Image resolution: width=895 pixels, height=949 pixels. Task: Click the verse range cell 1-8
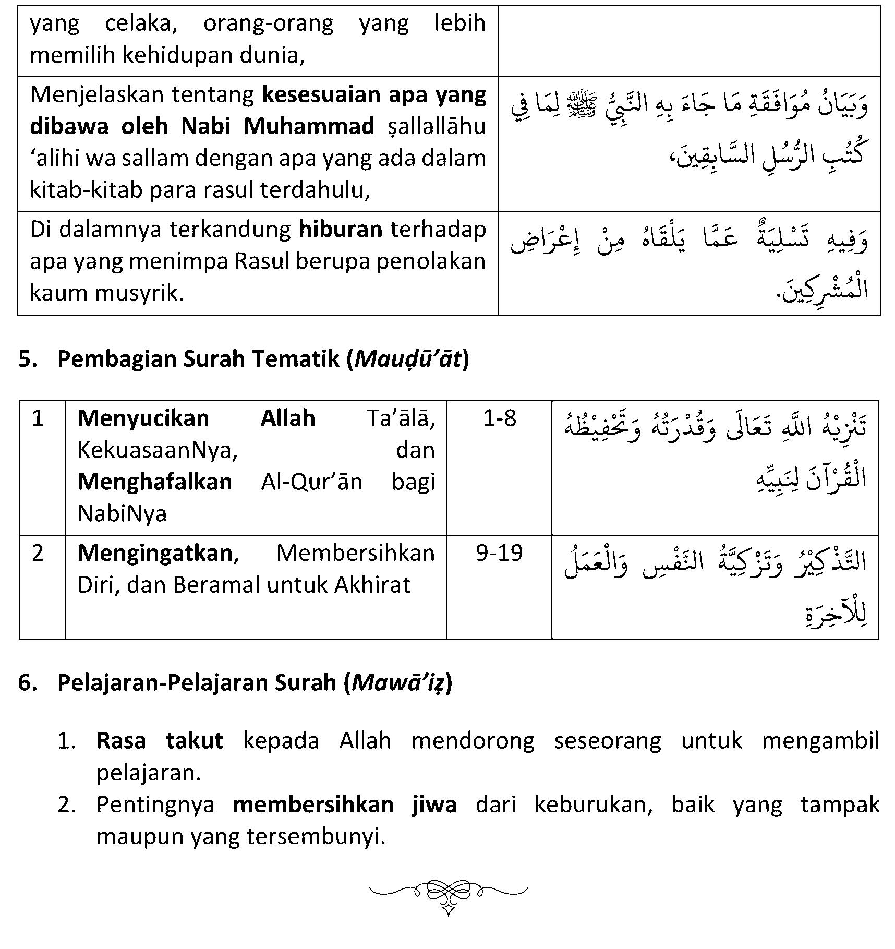(x=499, y=418)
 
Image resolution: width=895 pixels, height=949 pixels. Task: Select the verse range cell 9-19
(x=499, y=553)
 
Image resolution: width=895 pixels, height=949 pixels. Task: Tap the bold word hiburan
(x=341, y=230)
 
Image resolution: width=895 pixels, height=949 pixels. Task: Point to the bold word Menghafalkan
(x=154, y=482)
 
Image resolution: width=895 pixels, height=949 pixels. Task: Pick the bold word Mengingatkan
(x=155, y=553)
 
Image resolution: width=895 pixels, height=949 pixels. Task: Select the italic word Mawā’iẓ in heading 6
(x=399, y=682)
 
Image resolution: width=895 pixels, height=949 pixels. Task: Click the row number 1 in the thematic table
(x=38, y=418)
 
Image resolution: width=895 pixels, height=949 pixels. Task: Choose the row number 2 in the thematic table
(x=38, y=553)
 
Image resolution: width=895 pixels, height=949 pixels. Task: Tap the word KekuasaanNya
(x=157, y=450)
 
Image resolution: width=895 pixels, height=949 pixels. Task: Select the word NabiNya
(x=122, y=514)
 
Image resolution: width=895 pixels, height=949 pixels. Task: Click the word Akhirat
(x=372, y=585)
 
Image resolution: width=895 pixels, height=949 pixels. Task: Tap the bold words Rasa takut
(x=160, y=741)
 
